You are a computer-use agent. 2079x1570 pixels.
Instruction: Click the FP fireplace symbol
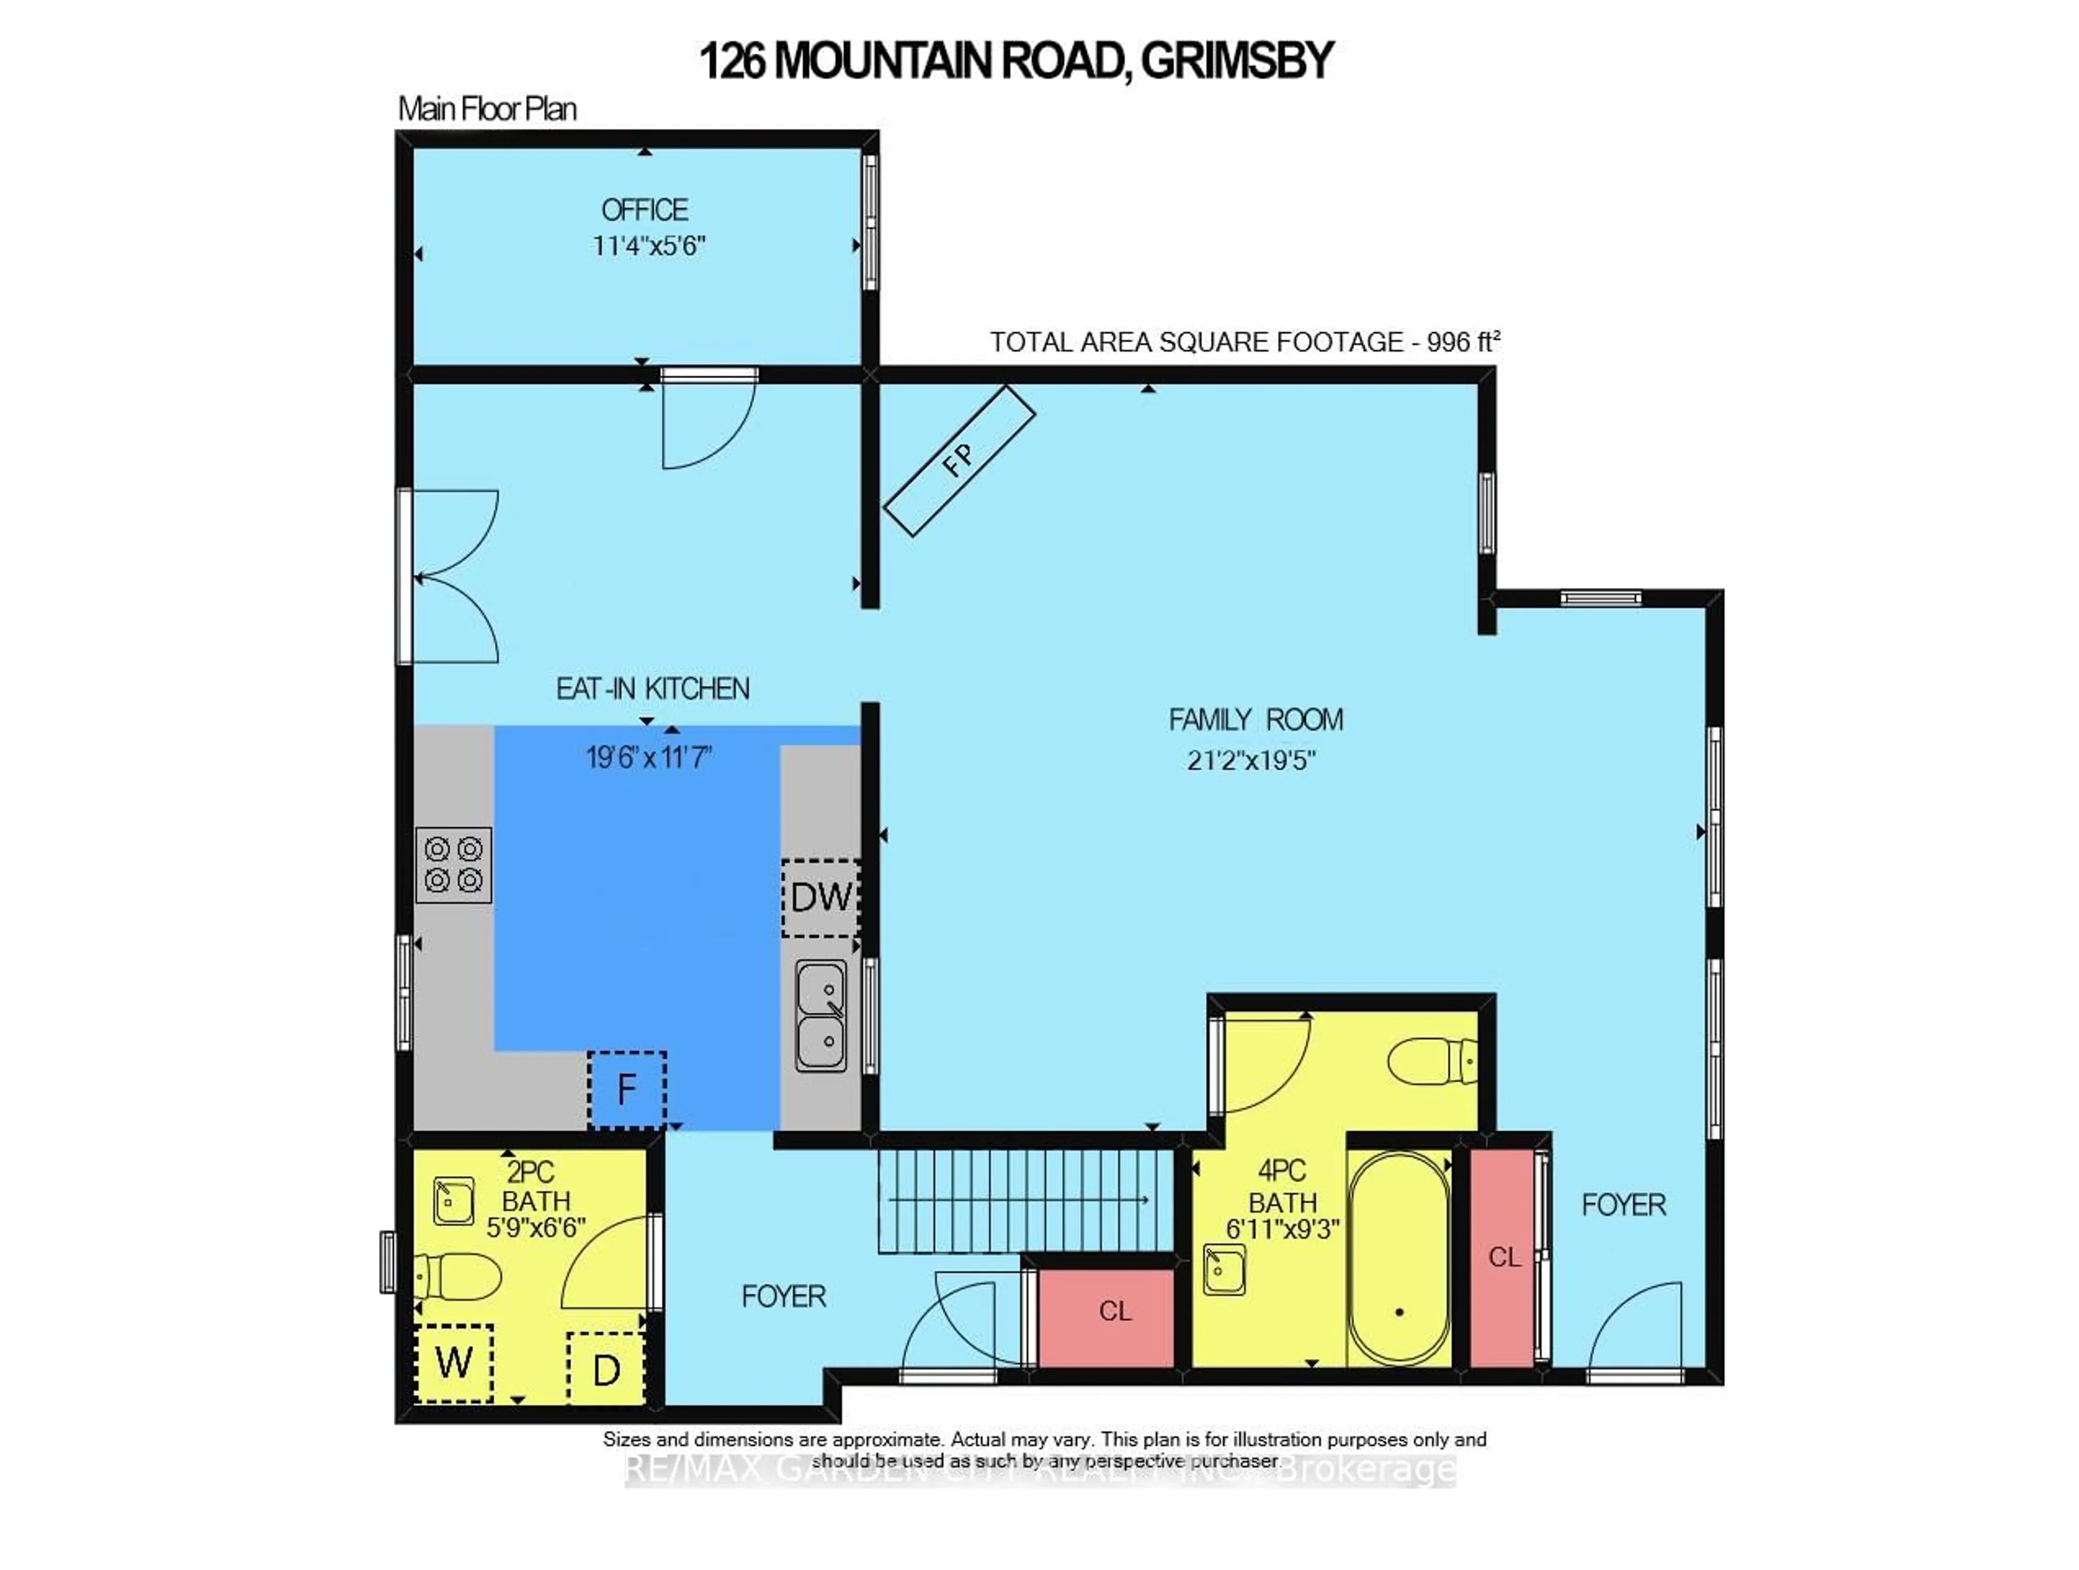tap(959, 461)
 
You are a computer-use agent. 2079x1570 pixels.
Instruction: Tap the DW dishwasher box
tap(821, 897)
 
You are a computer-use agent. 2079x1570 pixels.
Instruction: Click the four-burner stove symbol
tap(454, 864)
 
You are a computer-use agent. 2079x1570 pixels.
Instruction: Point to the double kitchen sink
tap(821, 1016)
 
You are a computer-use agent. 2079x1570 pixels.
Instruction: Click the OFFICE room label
tap(645, 209)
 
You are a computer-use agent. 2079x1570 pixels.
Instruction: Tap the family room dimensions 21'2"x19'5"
tap(1251, 760)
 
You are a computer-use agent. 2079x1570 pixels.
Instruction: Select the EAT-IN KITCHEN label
tap(652, 689)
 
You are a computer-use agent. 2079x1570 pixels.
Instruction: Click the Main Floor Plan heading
tap(487, 109)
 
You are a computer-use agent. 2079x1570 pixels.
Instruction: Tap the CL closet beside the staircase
tap(1115, 1311)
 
